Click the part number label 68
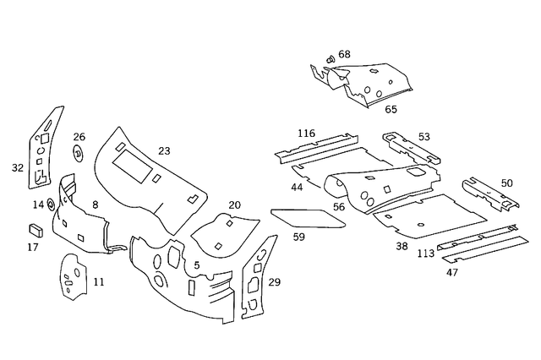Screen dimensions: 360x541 point(344,55)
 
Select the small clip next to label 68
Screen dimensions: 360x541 point(330,60)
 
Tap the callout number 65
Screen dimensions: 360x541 point(391,109)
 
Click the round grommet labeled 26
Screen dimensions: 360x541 point(79,154)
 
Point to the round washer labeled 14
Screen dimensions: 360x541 point(51,204)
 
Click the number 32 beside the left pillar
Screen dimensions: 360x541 point(17,167)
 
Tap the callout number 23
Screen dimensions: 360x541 point(164,151)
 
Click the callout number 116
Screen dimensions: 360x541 point(306,134)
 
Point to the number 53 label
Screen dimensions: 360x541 point(424,137)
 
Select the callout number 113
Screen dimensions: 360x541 point(425,253)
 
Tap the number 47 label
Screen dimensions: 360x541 point(452,273)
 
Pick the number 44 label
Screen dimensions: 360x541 point(297,186)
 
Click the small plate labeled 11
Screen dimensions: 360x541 point(72,276)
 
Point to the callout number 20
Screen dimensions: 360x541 point(234,205)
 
